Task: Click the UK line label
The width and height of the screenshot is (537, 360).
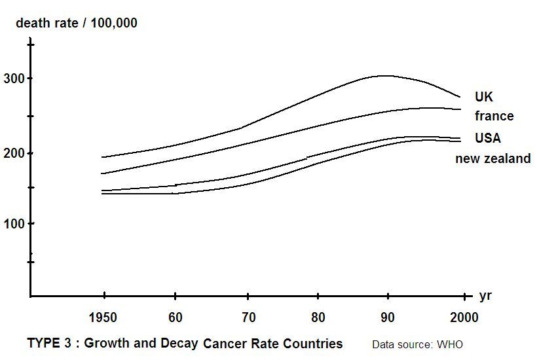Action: point(484,97)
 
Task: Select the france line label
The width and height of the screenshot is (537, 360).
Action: point(494,117)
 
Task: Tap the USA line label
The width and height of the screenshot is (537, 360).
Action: point(487,138)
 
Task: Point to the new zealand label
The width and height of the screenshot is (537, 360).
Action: point(492,158)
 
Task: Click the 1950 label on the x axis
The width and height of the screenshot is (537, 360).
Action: point(103,318)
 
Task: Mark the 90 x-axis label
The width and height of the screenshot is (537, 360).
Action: point(388,318)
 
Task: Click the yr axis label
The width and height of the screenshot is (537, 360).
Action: point(485,296)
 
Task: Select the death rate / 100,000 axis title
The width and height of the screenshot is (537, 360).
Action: point(76,24)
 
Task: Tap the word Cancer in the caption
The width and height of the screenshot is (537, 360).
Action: point(224,344)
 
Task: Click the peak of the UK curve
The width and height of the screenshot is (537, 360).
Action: point(385,75)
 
